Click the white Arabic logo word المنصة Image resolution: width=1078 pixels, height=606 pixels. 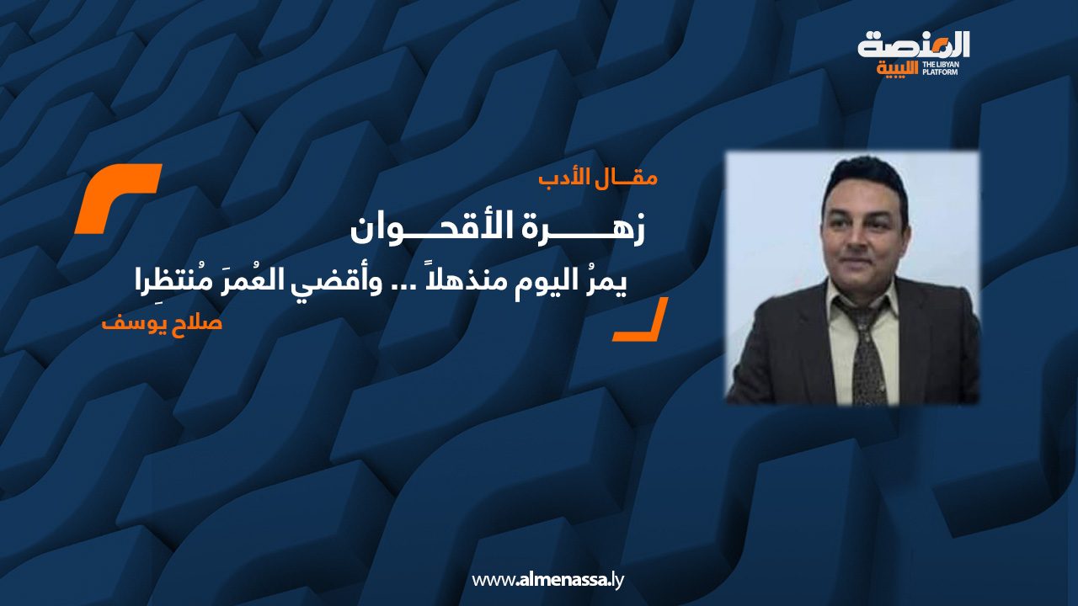click(914, 45)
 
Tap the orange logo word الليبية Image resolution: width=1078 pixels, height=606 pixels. click(898, 69)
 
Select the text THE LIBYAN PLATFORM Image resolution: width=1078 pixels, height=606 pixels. click(941, 68)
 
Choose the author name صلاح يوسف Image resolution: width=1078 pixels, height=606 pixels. click(162, 322)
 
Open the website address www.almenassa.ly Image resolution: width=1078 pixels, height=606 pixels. click(547, 580)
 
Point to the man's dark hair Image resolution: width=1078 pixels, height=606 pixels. click(864, 178)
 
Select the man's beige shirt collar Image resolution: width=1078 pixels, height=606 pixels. click(862, 298)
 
